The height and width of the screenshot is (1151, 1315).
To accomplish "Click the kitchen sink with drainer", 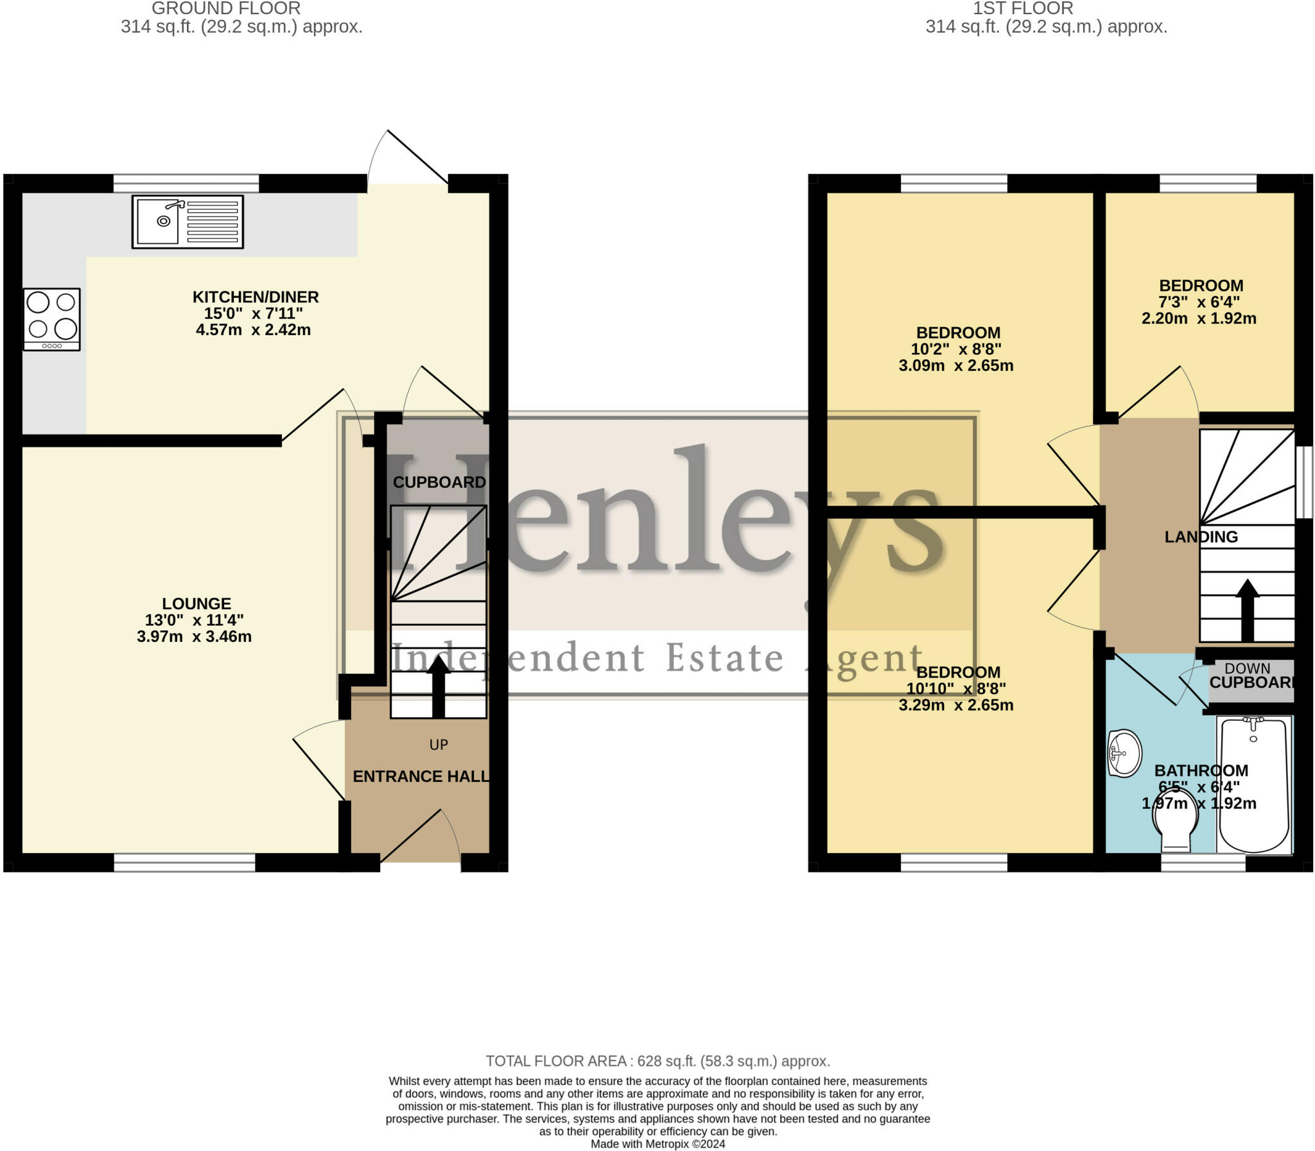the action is click(187, 221).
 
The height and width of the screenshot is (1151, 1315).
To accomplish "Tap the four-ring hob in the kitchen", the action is click(52, 319).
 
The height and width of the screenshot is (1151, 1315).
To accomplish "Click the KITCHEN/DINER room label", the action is click(256, 297).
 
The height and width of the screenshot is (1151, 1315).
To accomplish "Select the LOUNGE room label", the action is click(196, 604).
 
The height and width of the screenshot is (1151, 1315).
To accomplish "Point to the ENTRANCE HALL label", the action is click(421, 777).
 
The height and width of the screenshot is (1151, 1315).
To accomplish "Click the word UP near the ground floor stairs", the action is click(439, 745).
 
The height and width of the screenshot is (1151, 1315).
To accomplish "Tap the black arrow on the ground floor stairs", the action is click(439, 686).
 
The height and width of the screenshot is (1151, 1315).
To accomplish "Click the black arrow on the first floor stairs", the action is click(1248, 610).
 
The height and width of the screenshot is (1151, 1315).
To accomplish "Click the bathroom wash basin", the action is click(1125, 753).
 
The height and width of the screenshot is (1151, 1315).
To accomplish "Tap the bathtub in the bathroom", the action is click(1255, 785).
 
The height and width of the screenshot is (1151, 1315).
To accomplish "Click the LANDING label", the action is click(1201, 537).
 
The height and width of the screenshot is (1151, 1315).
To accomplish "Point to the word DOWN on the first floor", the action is click(1248, 669).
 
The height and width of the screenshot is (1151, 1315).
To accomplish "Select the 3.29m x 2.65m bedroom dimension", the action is click(956, 705).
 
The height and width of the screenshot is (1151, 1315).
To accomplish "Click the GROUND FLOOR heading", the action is click(226, 8).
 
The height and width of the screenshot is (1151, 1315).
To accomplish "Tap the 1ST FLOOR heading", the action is click(1023, 8).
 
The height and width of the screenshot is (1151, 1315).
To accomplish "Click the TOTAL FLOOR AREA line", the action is click(658, 1061).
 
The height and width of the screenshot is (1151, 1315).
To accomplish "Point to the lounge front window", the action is click(185, 863).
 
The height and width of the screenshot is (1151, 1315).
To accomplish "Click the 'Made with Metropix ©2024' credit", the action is click(658, 1144).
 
